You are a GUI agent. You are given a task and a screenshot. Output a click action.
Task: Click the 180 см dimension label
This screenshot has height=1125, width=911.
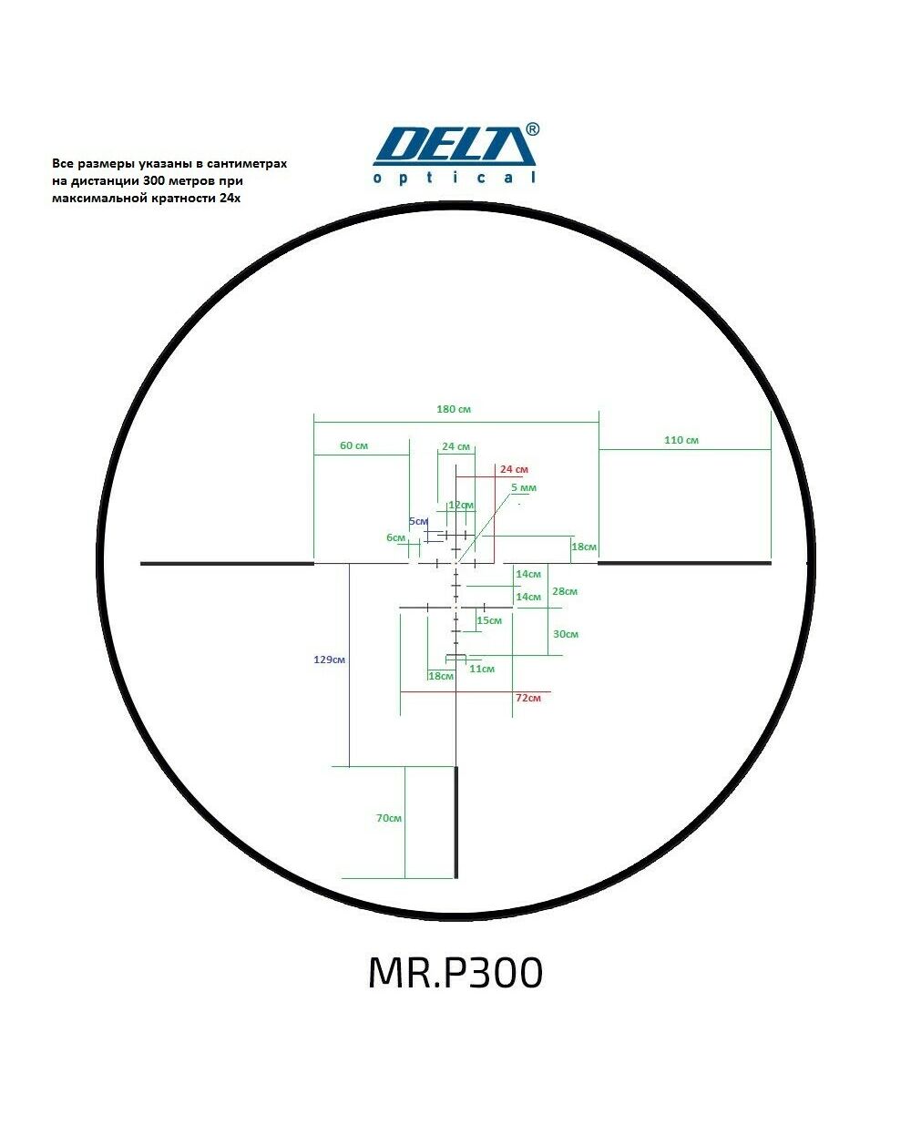[453, 409]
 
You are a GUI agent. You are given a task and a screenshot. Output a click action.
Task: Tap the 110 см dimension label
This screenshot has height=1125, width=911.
[681, 440]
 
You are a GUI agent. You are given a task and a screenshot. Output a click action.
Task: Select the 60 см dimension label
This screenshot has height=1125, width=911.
[353, 445]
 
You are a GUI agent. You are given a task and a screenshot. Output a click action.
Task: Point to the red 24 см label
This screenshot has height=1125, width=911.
[514, 469]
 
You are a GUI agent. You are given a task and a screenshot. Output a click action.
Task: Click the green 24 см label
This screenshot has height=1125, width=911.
[455, 446]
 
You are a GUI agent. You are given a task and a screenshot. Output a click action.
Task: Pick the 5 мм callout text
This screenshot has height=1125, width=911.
[524, 488]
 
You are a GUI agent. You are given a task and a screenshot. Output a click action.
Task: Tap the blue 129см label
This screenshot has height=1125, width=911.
[329, 660]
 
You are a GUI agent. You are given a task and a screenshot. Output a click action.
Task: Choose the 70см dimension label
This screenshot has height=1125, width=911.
[389, 818]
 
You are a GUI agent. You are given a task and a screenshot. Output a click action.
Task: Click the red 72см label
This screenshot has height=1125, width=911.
[528, 698]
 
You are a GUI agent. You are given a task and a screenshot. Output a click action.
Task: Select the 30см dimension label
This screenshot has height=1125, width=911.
[566, 634]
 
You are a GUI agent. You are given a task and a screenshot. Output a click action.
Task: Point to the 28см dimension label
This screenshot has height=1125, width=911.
[565, 591]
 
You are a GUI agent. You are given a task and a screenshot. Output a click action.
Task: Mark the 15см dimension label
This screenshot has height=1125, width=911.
[489, 620]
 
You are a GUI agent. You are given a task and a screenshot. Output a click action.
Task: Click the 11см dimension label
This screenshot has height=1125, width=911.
[482, 669]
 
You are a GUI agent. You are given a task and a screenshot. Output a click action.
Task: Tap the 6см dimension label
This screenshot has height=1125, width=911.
[395, 537]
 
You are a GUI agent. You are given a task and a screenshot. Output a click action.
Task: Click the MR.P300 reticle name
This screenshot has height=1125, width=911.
[455, 973]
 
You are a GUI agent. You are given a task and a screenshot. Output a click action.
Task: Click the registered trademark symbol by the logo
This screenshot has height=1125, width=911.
[532, 129]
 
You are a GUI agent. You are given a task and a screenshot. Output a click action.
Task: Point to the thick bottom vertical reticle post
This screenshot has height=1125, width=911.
[456, 822]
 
